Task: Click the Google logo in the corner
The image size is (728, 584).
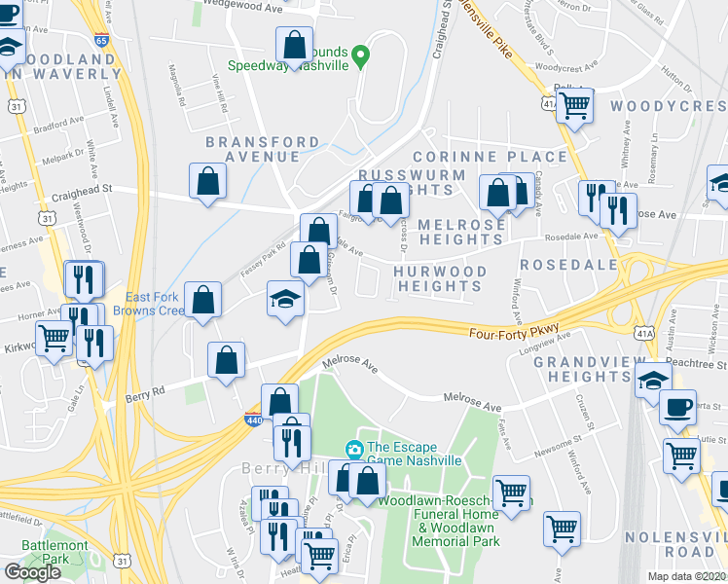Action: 32,572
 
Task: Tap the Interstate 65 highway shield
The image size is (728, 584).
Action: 102,40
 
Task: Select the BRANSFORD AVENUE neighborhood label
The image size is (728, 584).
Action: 261,149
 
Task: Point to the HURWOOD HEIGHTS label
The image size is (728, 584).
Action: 441,278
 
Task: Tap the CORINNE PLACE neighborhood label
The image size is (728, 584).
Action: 489,157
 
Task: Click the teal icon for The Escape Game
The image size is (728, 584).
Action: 354,450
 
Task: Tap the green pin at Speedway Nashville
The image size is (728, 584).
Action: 360,55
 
